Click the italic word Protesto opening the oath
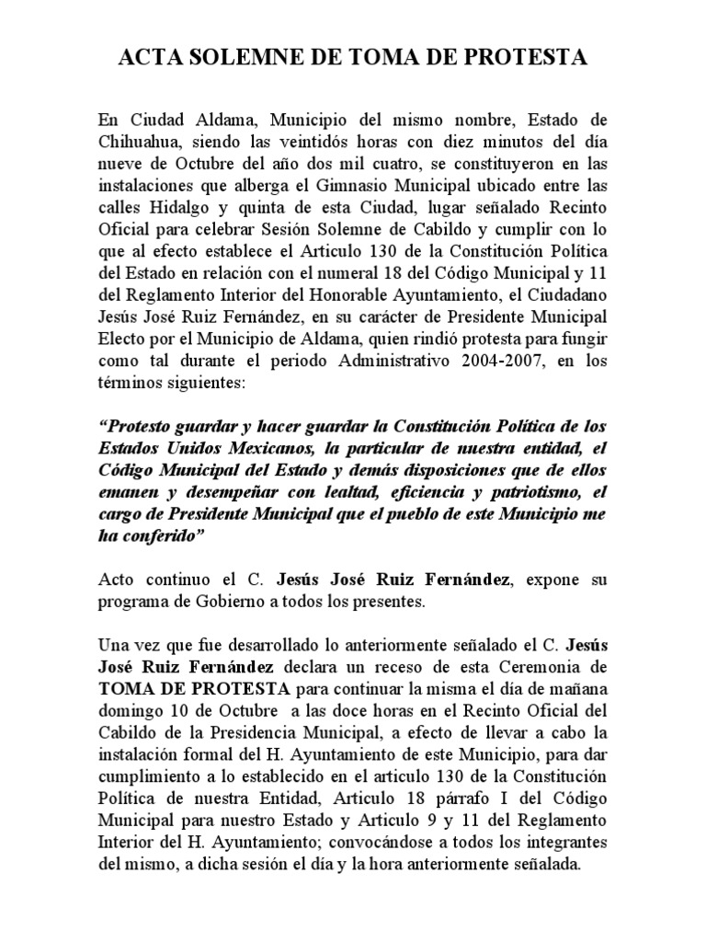(141, 426)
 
